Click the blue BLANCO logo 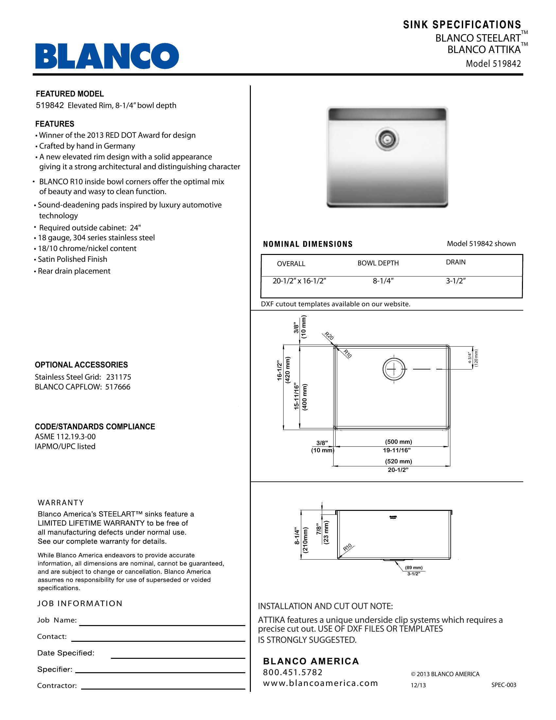107,56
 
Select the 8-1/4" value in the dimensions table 383,281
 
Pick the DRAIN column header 456,262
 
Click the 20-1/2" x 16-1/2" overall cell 299,281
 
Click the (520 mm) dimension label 399,461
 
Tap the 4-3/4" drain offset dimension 470,357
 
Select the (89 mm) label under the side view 414,568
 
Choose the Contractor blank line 163,689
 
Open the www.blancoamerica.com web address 321,683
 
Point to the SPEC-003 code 504,685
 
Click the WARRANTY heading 61,503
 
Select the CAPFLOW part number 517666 118,387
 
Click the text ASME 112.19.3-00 65,437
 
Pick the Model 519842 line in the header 493,63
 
